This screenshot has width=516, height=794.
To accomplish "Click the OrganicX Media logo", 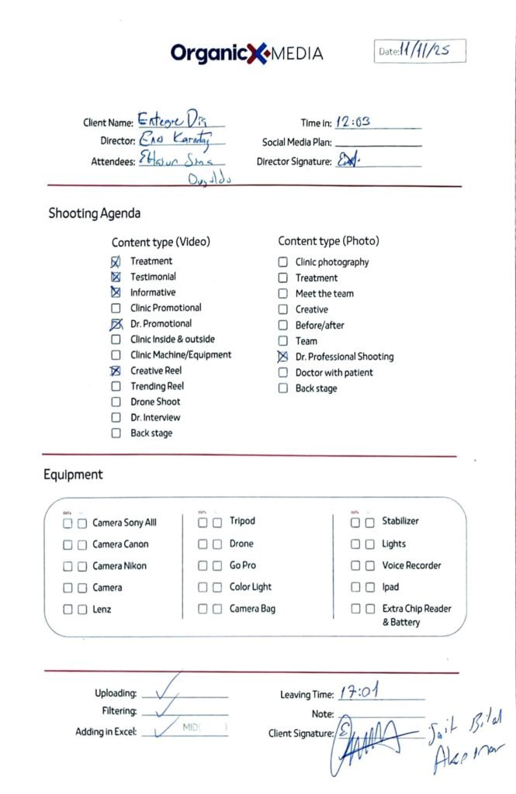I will pyautogui.click(x=247, y=53).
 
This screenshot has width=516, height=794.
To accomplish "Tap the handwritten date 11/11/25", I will pyautogui.click(x=425, y=51).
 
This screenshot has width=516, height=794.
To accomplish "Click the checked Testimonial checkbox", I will pyautogui.click(x=116, y=277).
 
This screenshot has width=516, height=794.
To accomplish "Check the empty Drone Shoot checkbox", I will pyautogui.click(x=116, y=402).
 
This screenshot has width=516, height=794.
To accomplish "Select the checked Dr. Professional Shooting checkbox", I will pyautogui.click(x=283, y=357).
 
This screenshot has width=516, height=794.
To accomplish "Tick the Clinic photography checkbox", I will pyautogui.click(x=283, y=262).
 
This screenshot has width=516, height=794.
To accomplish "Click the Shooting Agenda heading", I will pyautogui.click(x=95, y=213).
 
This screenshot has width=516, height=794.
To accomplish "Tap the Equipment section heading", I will pyautogui.click(x=73, y=475).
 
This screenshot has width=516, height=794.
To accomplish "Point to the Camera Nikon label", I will pyautogui.click(x=119, y=566).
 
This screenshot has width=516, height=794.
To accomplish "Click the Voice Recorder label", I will pyautogui.click(x=411, y=566).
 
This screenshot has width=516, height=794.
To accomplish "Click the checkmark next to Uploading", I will pyautogui.click(x=165, y=686).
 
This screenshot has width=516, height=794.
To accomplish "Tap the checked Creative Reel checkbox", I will pyautogui.click(x=116, y=371).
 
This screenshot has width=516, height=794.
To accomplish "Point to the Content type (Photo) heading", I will pyautogui.click(x=328, y=241).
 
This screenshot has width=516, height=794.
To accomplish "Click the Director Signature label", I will pyautogui.click(x=294, y=162).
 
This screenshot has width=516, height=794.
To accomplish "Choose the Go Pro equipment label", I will pyautogui.click(x=242, y=566).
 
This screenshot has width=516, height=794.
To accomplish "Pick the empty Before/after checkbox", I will pyautogui.click(x=283, y=326).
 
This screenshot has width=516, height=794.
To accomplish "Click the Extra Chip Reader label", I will pyautogui.click(x=416, y=609).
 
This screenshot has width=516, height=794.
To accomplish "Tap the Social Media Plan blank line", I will pyautogui.click(x=378, y=143).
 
